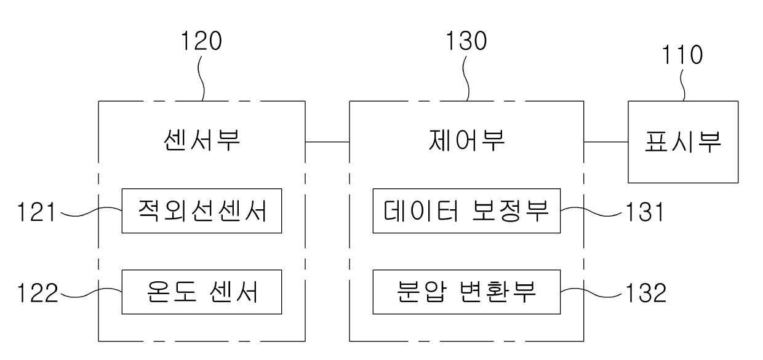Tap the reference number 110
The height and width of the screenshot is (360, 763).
682,56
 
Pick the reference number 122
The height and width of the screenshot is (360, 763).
34,293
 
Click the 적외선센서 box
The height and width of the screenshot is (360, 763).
201,211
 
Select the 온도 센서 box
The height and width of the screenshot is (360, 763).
201,291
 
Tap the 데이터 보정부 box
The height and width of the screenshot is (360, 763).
466,211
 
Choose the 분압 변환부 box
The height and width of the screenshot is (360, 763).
466,291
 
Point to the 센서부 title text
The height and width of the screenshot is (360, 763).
201,142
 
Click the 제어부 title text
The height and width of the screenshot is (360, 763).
466,142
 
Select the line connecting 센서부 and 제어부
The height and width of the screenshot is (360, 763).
327,142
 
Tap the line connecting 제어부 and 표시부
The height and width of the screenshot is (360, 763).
605,142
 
